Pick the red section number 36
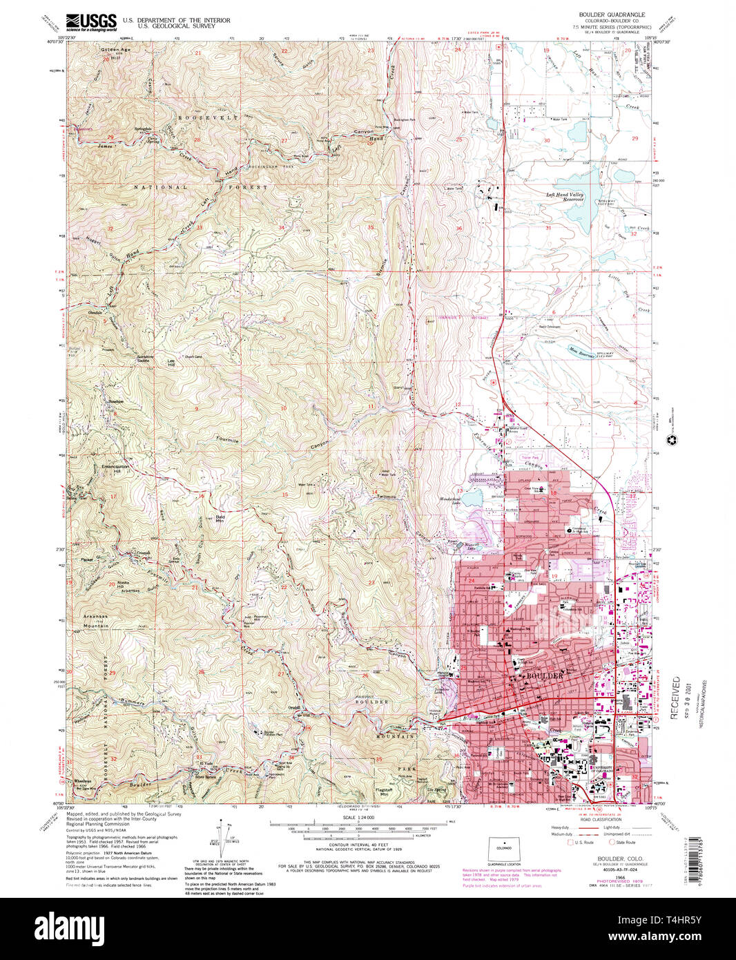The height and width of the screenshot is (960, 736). pyautogui.click(x=458, y=229)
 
